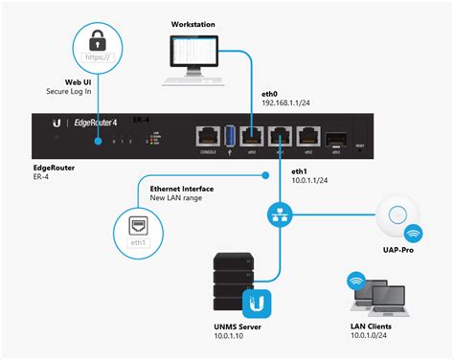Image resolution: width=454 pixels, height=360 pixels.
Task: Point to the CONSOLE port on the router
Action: pyautogui.click(x=204, y=135)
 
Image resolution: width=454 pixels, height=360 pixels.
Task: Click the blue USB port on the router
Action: pyautogui.click(x=231, y=135)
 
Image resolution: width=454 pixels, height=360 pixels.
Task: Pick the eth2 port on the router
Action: pyautogui.click(x=307, y=135)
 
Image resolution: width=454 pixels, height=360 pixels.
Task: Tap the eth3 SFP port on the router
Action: pyautogui.click(x=336, y=136)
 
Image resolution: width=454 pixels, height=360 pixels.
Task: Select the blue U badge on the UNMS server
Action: pyautogui.click(x=257, y=304)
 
